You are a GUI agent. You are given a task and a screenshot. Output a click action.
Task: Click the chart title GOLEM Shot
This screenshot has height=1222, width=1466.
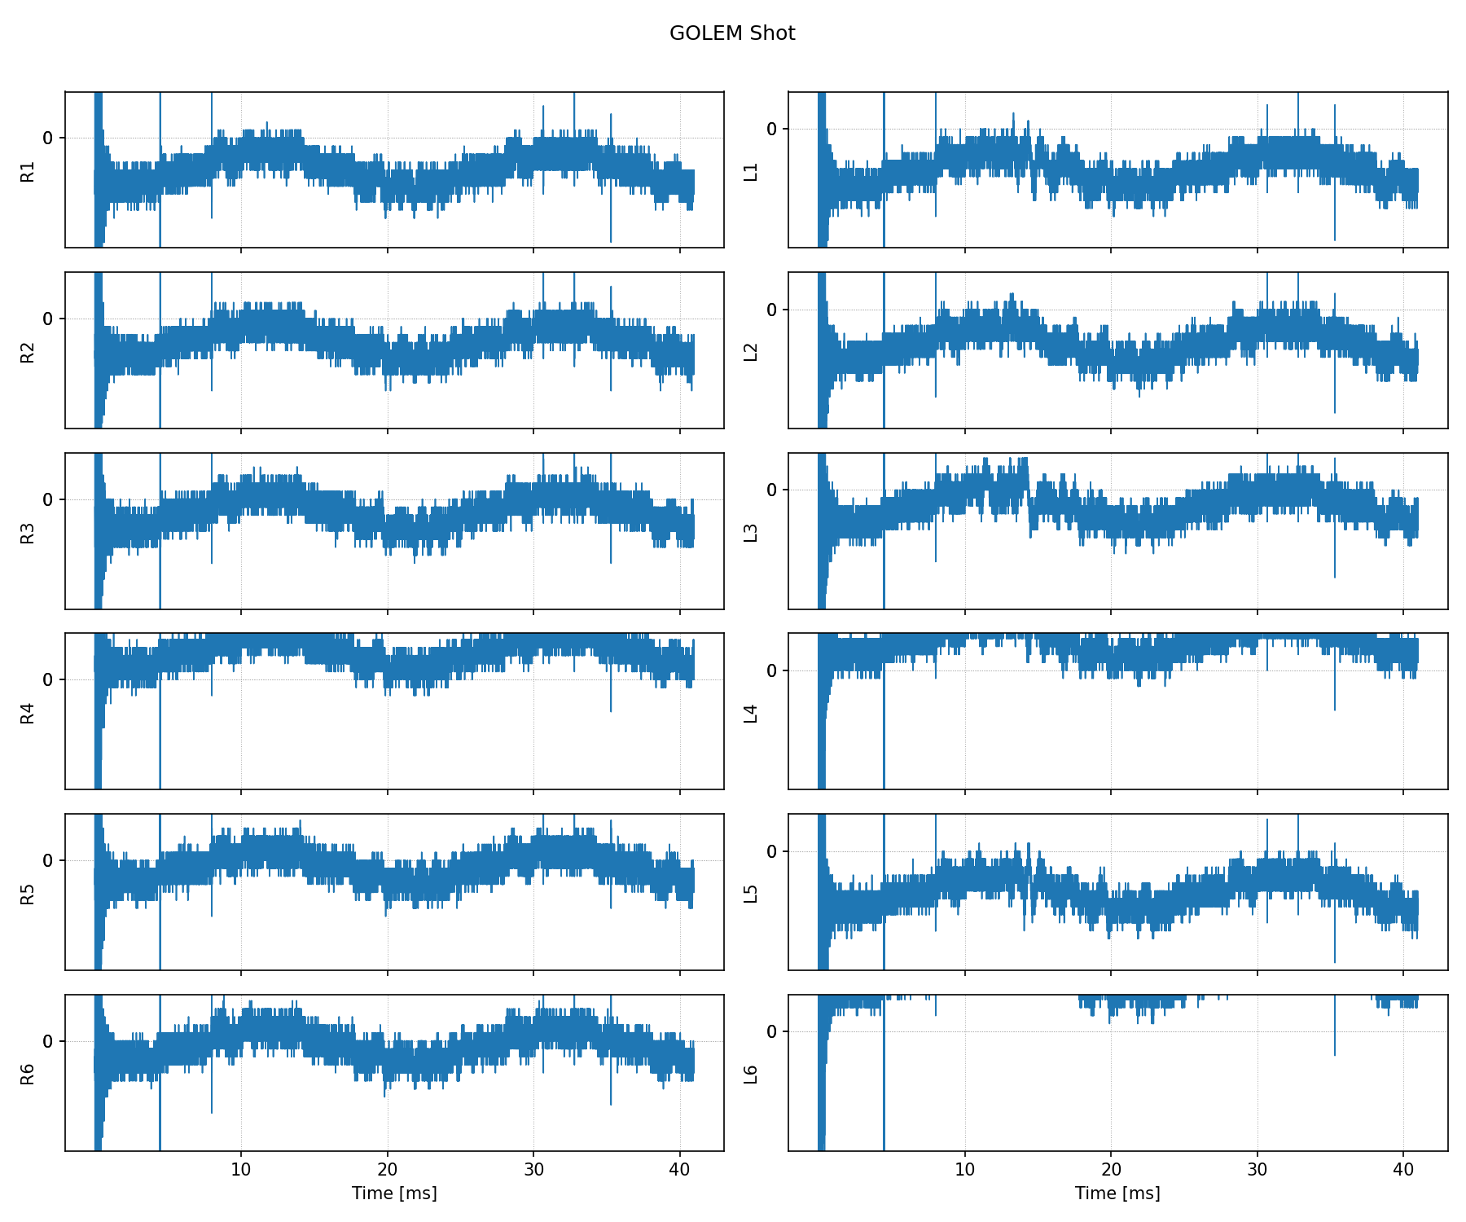[x=732, y=33]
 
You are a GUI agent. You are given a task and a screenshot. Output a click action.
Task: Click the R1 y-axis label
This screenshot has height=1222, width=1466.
[x=28, y=171]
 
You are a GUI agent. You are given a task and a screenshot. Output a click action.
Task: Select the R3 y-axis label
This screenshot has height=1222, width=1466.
[x=28, y=532]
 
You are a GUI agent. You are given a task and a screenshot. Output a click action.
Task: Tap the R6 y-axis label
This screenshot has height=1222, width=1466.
[x=28, y=1074]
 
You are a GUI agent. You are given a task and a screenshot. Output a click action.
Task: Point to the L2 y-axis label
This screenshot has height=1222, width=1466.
[x=751, y=351]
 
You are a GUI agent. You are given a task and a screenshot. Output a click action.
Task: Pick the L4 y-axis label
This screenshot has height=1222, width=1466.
[x=751, y=712]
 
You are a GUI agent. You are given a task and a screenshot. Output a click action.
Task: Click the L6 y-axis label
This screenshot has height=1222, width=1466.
[x=751, y=1074]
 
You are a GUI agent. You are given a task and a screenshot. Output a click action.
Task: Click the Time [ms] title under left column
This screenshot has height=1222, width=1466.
[x=394, y=1193]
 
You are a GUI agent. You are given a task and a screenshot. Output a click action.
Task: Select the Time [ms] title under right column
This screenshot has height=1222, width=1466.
[x=1117, y=1193]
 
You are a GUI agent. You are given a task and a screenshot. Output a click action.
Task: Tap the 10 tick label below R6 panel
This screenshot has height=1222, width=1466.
[x=241, y=1170]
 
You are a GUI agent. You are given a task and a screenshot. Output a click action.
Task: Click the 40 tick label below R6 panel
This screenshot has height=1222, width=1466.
[x=680, y=1170]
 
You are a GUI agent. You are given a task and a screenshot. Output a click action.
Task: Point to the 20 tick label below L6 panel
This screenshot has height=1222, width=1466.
[x=1111, y=1170]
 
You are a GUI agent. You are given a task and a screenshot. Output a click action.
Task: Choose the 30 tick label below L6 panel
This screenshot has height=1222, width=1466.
[x=1257, y=1170]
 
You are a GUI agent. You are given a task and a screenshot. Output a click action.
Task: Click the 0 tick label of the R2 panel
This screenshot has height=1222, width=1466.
[x=48, y=319]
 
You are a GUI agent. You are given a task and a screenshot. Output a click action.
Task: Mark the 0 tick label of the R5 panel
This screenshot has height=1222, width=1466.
[x=48, y=861]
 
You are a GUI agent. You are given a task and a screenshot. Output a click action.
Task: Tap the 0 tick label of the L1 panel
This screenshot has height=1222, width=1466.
[x=772, y=129]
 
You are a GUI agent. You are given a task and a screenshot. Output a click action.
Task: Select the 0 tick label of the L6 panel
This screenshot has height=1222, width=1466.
[x=772, y=1032]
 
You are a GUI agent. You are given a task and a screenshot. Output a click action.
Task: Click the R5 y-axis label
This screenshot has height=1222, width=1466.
[x=28, y=893]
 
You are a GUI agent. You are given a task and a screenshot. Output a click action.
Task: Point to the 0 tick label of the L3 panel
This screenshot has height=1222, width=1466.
[x=772, y=490]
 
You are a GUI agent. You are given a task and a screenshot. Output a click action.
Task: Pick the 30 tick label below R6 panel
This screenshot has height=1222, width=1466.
[x=533, y=1170]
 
